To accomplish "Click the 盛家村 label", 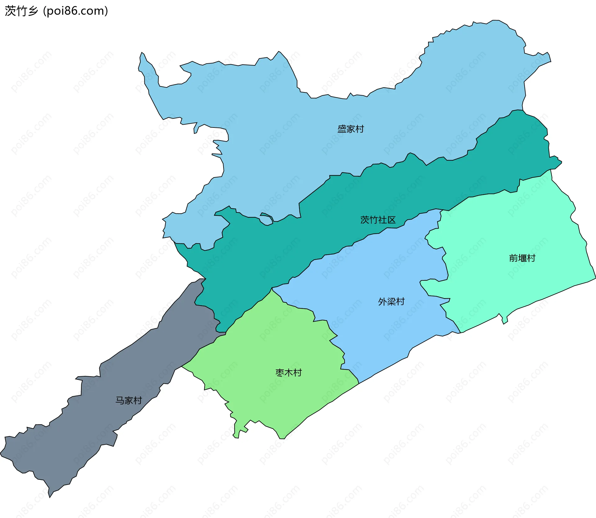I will [x=350, y=129].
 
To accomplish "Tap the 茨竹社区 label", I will [x=378, y=220].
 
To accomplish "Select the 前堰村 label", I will [x=522, y=258].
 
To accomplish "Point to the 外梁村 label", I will [x=391, y=301].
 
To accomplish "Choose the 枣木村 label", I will [x=288, y=373].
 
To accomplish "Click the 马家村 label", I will [x=129, y=400].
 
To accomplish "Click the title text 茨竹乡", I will [x=21, y=11].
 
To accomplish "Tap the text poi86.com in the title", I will [x=76, y=11].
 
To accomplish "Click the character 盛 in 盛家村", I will [x=342, y=129].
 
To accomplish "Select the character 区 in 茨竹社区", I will [x=391, y=220].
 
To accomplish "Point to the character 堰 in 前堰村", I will [x=522, y=258].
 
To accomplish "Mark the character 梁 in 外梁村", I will [x=391, y=301].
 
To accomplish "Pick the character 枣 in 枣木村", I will [x=280, y=373].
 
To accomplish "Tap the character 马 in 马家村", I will [x=120, y=400].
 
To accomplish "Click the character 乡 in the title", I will [x=33, y=11].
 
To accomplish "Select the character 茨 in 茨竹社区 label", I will [x=364, y=220].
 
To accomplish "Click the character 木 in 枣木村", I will [x=288, y=373].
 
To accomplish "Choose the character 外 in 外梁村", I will [x=382, y=301].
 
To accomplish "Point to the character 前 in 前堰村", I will [x=513, y=258].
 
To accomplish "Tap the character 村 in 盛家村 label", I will [x=359, y=129].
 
